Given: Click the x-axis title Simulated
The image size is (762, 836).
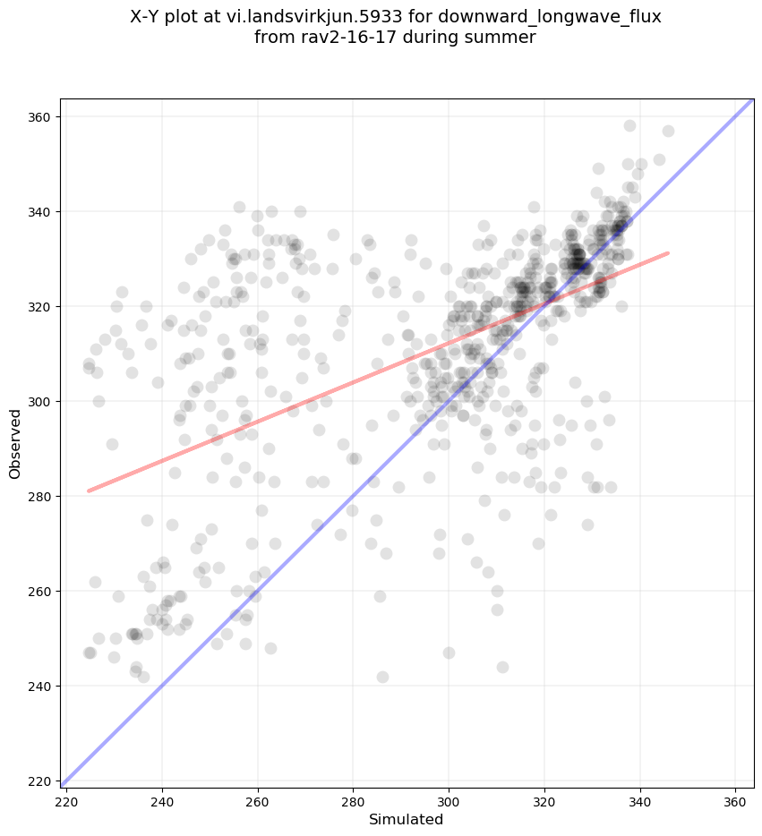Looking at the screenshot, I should [x=407, y=819].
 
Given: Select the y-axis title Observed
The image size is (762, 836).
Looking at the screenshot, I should [x=15, y=443].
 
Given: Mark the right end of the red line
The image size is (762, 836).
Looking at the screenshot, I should [x=668, y=253].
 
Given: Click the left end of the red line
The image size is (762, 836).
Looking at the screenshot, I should [x=88, y=491].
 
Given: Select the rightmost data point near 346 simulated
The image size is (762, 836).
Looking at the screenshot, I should [x=668, y=131].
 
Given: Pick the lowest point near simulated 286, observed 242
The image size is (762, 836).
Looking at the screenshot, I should [x=382, y=677].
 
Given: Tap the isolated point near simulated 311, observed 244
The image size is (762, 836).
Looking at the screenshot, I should [x=502, y=667].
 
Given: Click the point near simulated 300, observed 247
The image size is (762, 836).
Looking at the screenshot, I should [x=449, y=653].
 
